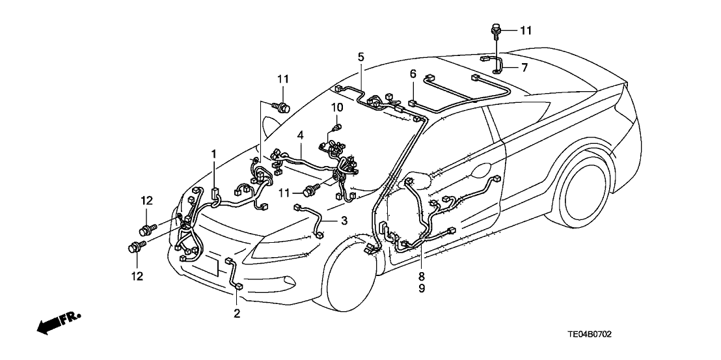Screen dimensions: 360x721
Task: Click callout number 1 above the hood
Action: coord(213,153)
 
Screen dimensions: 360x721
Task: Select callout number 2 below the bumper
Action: coord(237,314)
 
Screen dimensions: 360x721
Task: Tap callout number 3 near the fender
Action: coord(344,221)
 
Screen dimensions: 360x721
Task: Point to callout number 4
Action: coord(301,135)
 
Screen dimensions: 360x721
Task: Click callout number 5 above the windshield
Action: coord(360,57)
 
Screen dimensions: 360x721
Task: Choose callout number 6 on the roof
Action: coord(413,74)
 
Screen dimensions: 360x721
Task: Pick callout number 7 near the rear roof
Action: coord(524,67)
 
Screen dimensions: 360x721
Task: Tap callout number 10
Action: coord(336,106)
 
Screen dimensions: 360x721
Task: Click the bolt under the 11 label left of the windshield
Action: coord(282,107)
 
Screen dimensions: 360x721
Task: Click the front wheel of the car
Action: coord(349,283)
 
